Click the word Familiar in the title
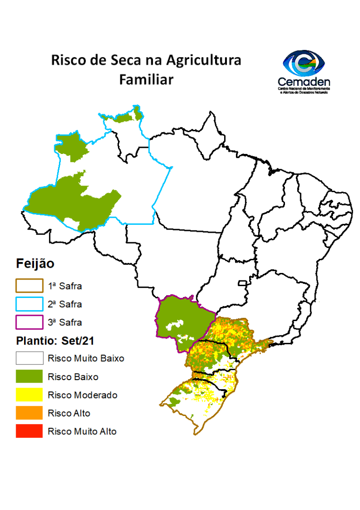pyautogui.click(x=146, y=80)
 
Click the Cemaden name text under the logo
pyautogui.click(x=304, y=81)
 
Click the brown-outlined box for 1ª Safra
pyautogui.click(x=29, y=286)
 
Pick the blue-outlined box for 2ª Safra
pyautogui.click(x=29, y=304)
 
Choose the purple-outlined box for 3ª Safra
pyautogui.click(x=29, y=323)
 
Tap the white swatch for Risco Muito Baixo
pyautogui.click(x=29, y=358)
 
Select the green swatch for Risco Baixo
pyautogui.click(x=29, y=377)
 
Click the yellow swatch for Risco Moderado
pyautogui.click(x=29, y=395)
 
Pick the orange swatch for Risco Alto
pyautogui.click(x=29, y=413)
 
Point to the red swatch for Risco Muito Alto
pyautogui.click(x=29, y=431)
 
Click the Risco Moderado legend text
pyautogui.click(x=83, y=395)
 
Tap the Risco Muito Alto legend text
pyautogui.click(x=82, y=432)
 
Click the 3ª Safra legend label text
pyautogui.click(x=65, y=323)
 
